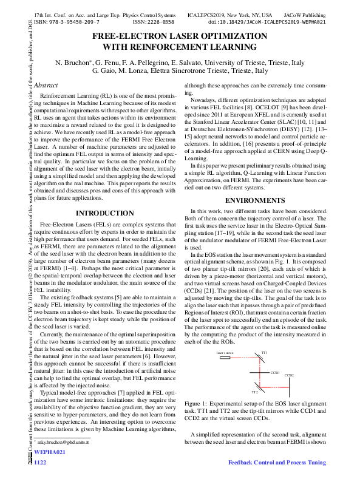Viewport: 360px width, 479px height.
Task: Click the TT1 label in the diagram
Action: point(264,352)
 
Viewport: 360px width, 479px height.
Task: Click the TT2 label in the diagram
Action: point(255,393)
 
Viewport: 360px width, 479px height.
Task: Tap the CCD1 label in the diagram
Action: point(275,372)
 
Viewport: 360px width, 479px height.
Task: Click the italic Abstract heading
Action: point(46,85)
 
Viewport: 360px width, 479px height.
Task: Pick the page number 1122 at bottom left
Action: point(40,463)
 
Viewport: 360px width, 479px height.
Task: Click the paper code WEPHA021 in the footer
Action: point(49,452)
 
